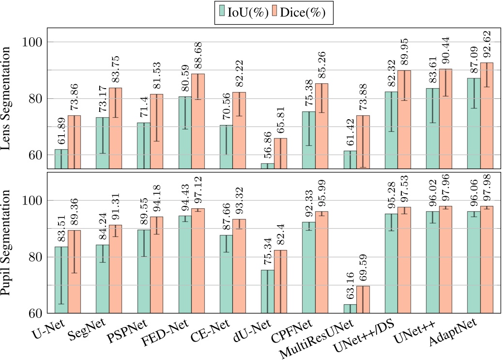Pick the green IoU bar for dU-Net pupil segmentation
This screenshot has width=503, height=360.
click(267, 291)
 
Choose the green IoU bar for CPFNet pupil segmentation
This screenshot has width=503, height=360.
click(309, 266)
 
